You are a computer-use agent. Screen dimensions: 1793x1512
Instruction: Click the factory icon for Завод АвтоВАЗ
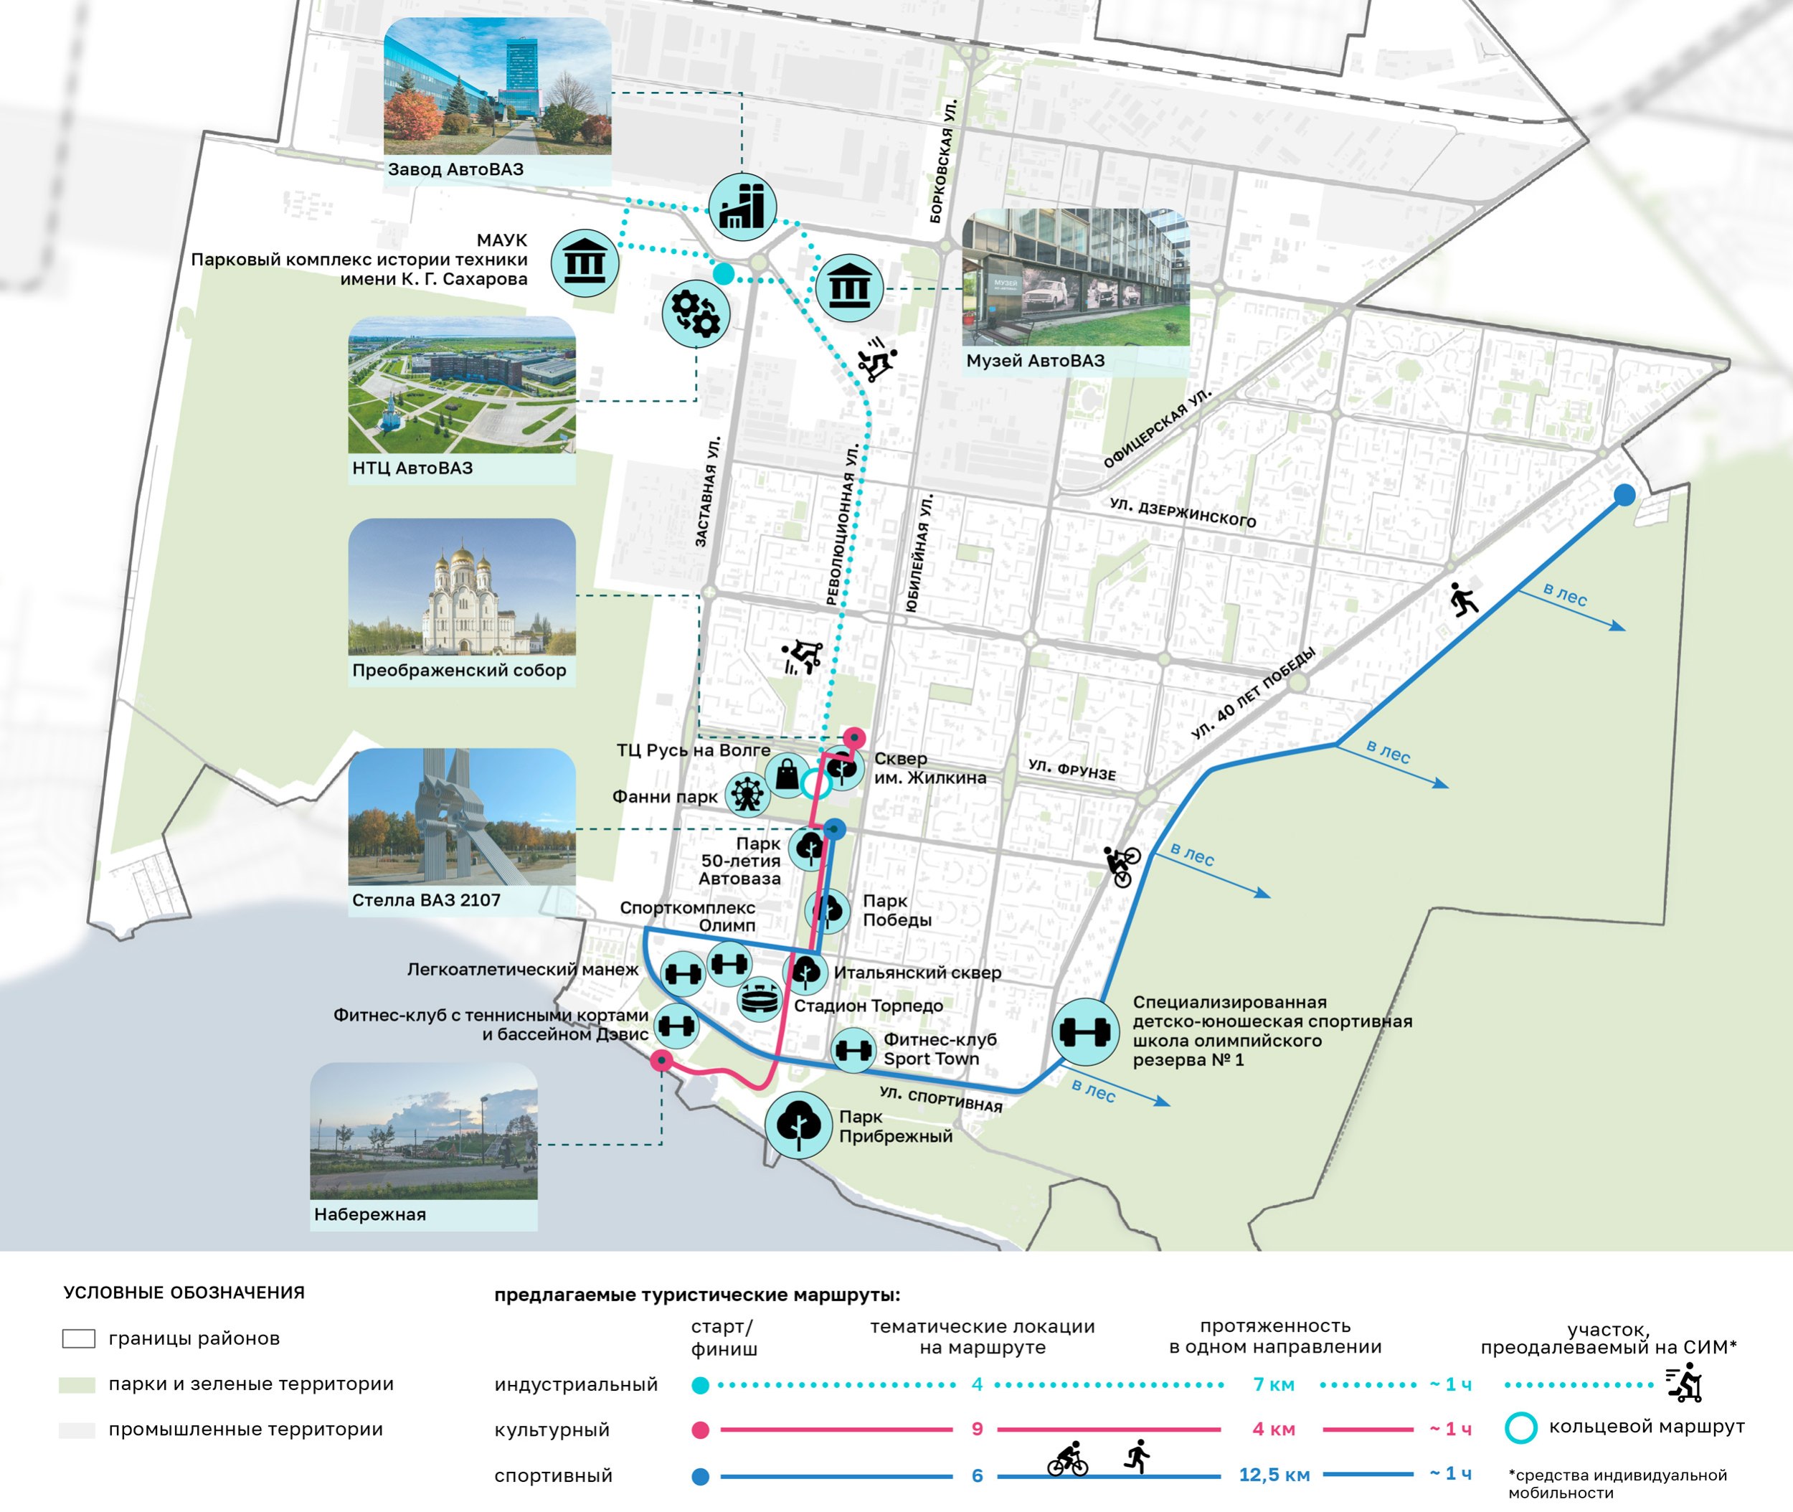coord(742,207)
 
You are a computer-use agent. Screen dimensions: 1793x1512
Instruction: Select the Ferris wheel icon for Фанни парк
coord(747,794)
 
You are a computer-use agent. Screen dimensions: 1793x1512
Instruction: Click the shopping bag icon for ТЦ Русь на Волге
coord(787,775)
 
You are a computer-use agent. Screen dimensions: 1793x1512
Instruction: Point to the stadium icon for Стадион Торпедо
coord(760,999)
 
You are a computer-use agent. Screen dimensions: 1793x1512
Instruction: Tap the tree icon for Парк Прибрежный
coord(799,1125)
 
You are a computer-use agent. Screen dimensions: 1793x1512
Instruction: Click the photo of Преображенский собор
coord(462,587)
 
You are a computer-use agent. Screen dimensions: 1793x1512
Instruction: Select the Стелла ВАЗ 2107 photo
coord(462,817)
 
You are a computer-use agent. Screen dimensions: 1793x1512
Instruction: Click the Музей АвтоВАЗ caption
coord(1036,361)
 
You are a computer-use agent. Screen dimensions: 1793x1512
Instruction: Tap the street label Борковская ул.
coord(943,162)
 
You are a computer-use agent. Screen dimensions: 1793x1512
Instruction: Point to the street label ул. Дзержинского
coord(1183,513)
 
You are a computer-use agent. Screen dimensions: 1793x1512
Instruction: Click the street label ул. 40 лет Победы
coord(1253,694)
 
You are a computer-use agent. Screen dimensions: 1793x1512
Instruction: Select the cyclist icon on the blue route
coord(1122,866)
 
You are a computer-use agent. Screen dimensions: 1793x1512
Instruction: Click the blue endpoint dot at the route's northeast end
coord(1624,495)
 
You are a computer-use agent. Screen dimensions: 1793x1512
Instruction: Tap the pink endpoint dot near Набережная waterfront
coord(661,1061)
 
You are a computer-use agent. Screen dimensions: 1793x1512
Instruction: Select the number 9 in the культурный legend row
coord(977,1429)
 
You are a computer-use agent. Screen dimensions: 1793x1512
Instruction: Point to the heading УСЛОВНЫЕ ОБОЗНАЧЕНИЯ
coord(184,1293)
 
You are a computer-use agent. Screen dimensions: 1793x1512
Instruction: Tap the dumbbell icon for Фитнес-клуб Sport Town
coord(853,1050)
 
